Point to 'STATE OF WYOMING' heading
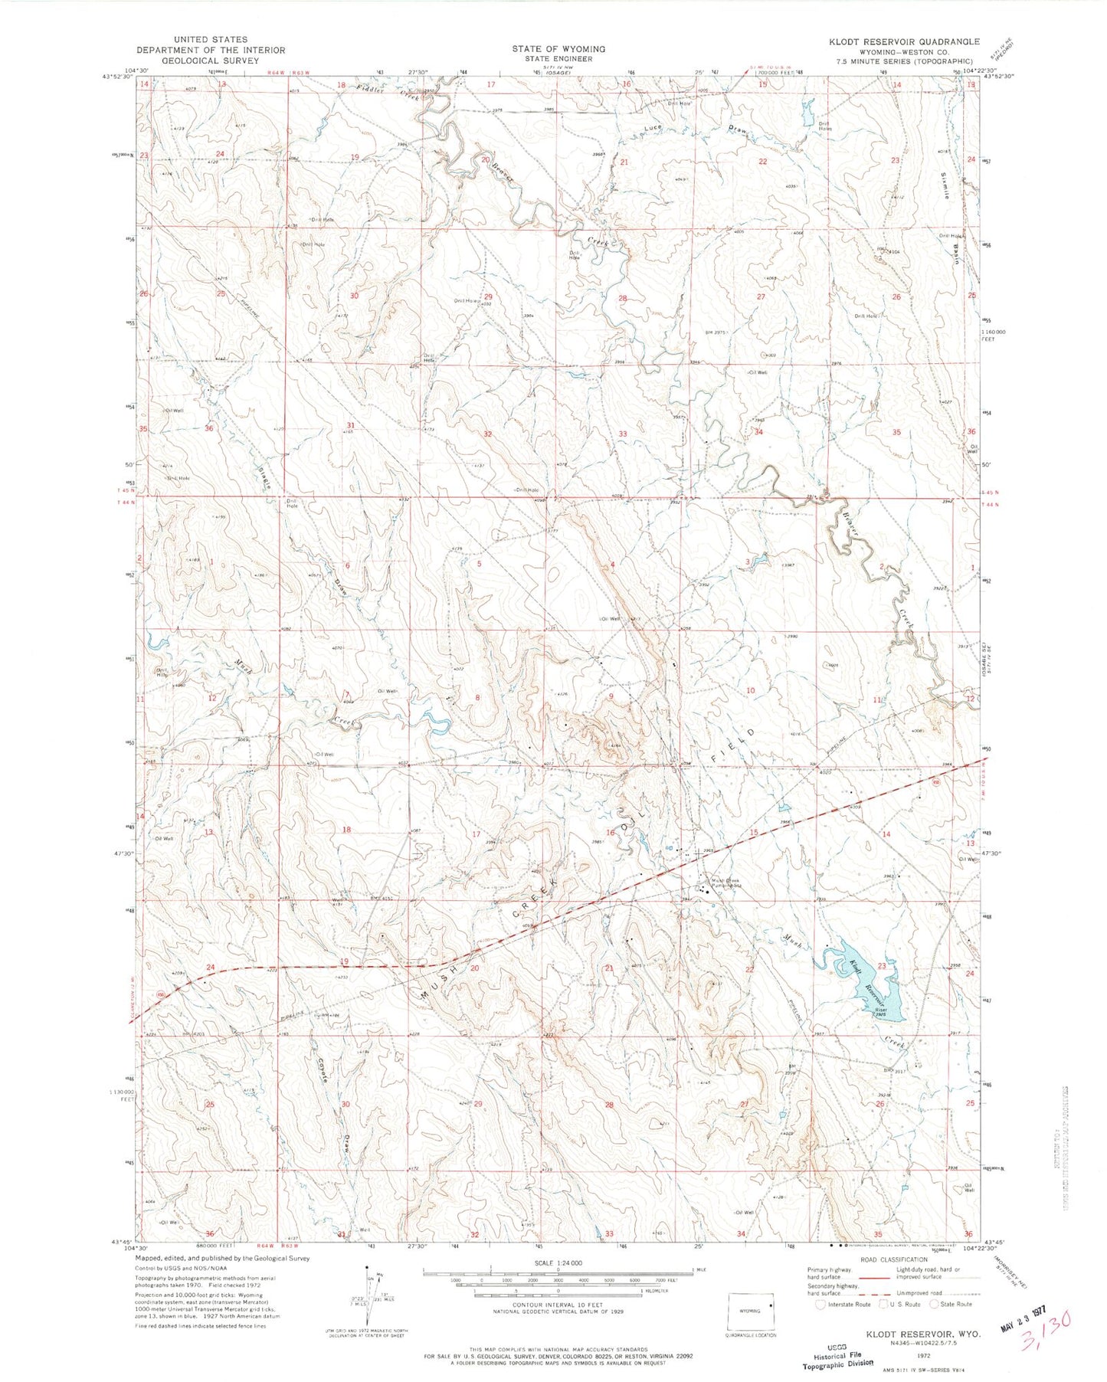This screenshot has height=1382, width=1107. (558, 49)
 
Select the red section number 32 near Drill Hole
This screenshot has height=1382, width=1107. (487, 434)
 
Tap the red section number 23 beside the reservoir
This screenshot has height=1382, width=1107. (882, 966)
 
